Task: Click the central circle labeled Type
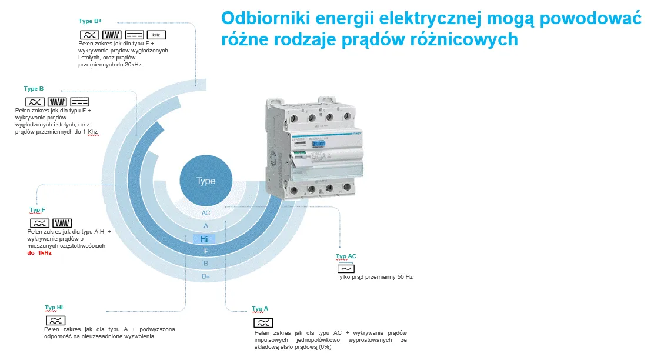pos(206,181)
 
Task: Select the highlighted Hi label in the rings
pos(204,239)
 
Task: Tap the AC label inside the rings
pos(206,213)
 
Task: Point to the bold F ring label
pos(206,251)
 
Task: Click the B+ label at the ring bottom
pos(206,276)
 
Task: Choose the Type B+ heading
pos(90,21)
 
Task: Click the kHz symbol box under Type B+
pos(156,35)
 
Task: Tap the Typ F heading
pos(37,210)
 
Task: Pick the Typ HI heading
pos(54,308)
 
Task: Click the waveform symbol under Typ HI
pos(55,321)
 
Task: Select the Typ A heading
pos(260,309)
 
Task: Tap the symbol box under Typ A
pos(263,323)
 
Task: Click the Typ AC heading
pos(346,256)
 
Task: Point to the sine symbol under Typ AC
pos(346,268)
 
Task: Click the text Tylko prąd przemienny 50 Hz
pos(374,277)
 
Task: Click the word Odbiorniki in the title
pos(265,18)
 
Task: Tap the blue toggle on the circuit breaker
pos(319,144)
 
